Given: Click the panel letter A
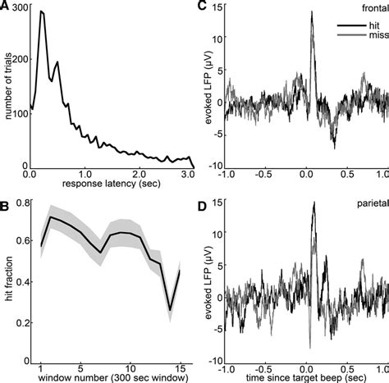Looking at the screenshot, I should click(6, 6).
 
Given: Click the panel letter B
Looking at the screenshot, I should click(6, 196).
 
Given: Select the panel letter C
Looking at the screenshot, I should click(202, 6).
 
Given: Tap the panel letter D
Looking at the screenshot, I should click(202, 196).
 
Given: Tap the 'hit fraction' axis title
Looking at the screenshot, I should click(9, 278).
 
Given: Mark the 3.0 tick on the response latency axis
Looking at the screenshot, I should click(189, 175).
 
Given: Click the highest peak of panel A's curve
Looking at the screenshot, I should click(41, 11).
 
